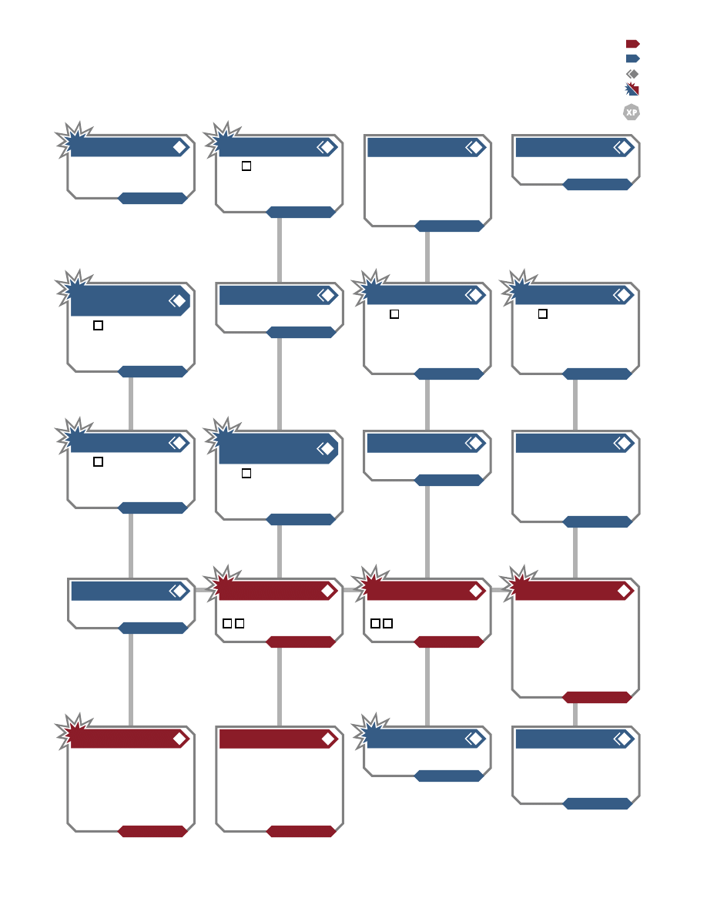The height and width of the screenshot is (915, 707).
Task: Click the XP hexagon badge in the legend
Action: [632, 112]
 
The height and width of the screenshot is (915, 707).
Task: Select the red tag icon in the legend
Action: [633, 44]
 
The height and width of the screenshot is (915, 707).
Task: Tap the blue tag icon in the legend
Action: [633, 59]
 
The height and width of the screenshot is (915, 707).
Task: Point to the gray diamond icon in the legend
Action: [632, 74]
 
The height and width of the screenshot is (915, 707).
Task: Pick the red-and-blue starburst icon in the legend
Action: [632, 89]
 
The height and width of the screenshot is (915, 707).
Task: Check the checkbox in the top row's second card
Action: [246, 166]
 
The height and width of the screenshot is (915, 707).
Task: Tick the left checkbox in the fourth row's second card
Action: [227, 623]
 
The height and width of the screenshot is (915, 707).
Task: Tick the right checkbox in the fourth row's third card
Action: [388, 623]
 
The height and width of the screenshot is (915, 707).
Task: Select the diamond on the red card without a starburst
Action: [328, 739]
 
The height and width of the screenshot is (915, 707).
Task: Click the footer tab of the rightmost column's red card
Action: [597, 697]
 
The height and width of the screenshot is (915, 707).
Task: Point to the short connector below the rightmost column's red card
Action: [575, 715]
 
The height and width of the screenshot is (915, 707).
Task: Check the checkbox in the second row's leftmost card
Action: [98, 326]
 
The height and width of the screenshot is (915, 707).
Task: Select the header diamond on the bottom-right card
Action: [625, 739]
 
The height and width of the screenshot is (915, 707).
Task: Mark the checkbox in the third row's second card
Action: [246, 473]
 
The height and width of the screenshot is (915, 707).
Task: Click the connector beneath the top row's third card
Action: [427, 257]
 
